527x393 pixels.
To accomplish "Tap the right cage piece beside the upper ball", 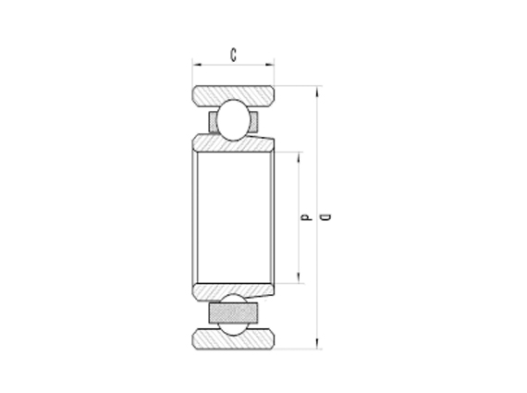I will [x=254, y=121].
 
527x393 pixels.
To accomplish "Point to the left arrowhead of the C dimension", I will [x=196, y=65].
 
